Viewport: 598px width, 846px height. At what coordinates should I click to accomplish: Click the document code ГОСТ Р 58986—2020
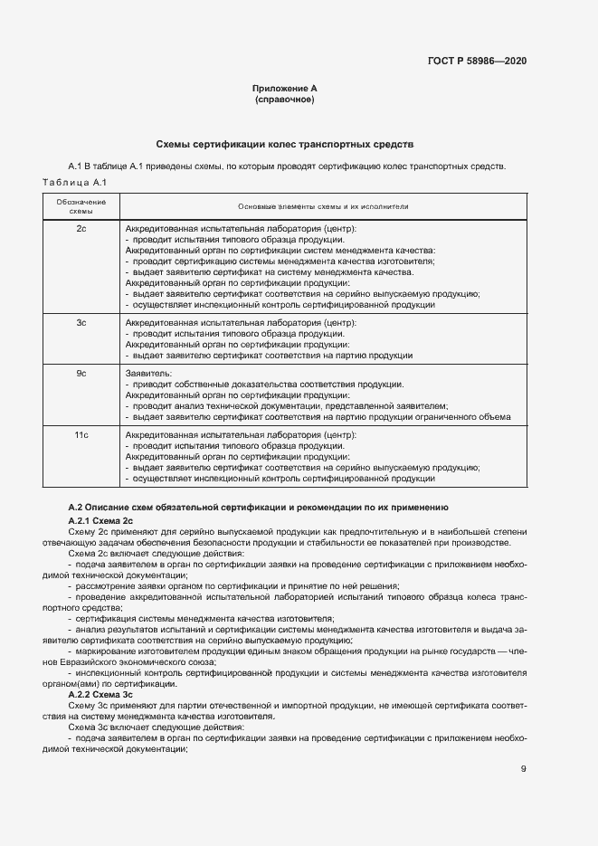476,61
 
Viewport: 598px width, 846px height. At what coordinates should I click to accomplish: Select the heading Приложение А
285,89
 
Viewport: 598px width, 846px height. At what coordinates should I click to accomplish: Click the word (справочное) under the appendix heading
285,100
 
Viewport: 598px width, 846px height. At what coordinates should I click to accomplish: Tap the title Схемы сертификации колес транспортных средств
285,144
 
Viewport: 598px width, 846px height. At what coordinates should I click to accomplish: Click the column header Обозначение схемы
81,205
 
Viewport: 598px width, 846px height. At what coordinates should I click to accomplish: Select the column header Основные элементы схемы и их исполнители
323,206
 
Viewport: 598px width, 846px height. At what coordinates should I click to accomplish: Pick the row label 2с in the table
81,230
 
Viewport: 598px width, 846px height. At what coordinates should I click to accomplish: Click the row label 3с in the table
81,323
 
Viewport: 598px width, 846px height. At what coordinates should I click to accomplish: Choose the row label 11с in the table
81,436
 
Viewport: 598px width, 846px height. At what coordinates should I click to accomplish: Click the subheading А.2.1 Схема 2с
100,521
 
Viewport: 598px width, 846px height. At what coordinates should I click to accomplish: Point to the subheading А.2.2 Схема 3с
100,694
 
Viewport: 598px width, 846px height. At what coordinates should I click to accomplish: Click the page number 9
524,769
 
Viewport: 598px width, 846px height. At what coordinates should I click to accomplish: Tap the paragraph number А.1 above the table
76,167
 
